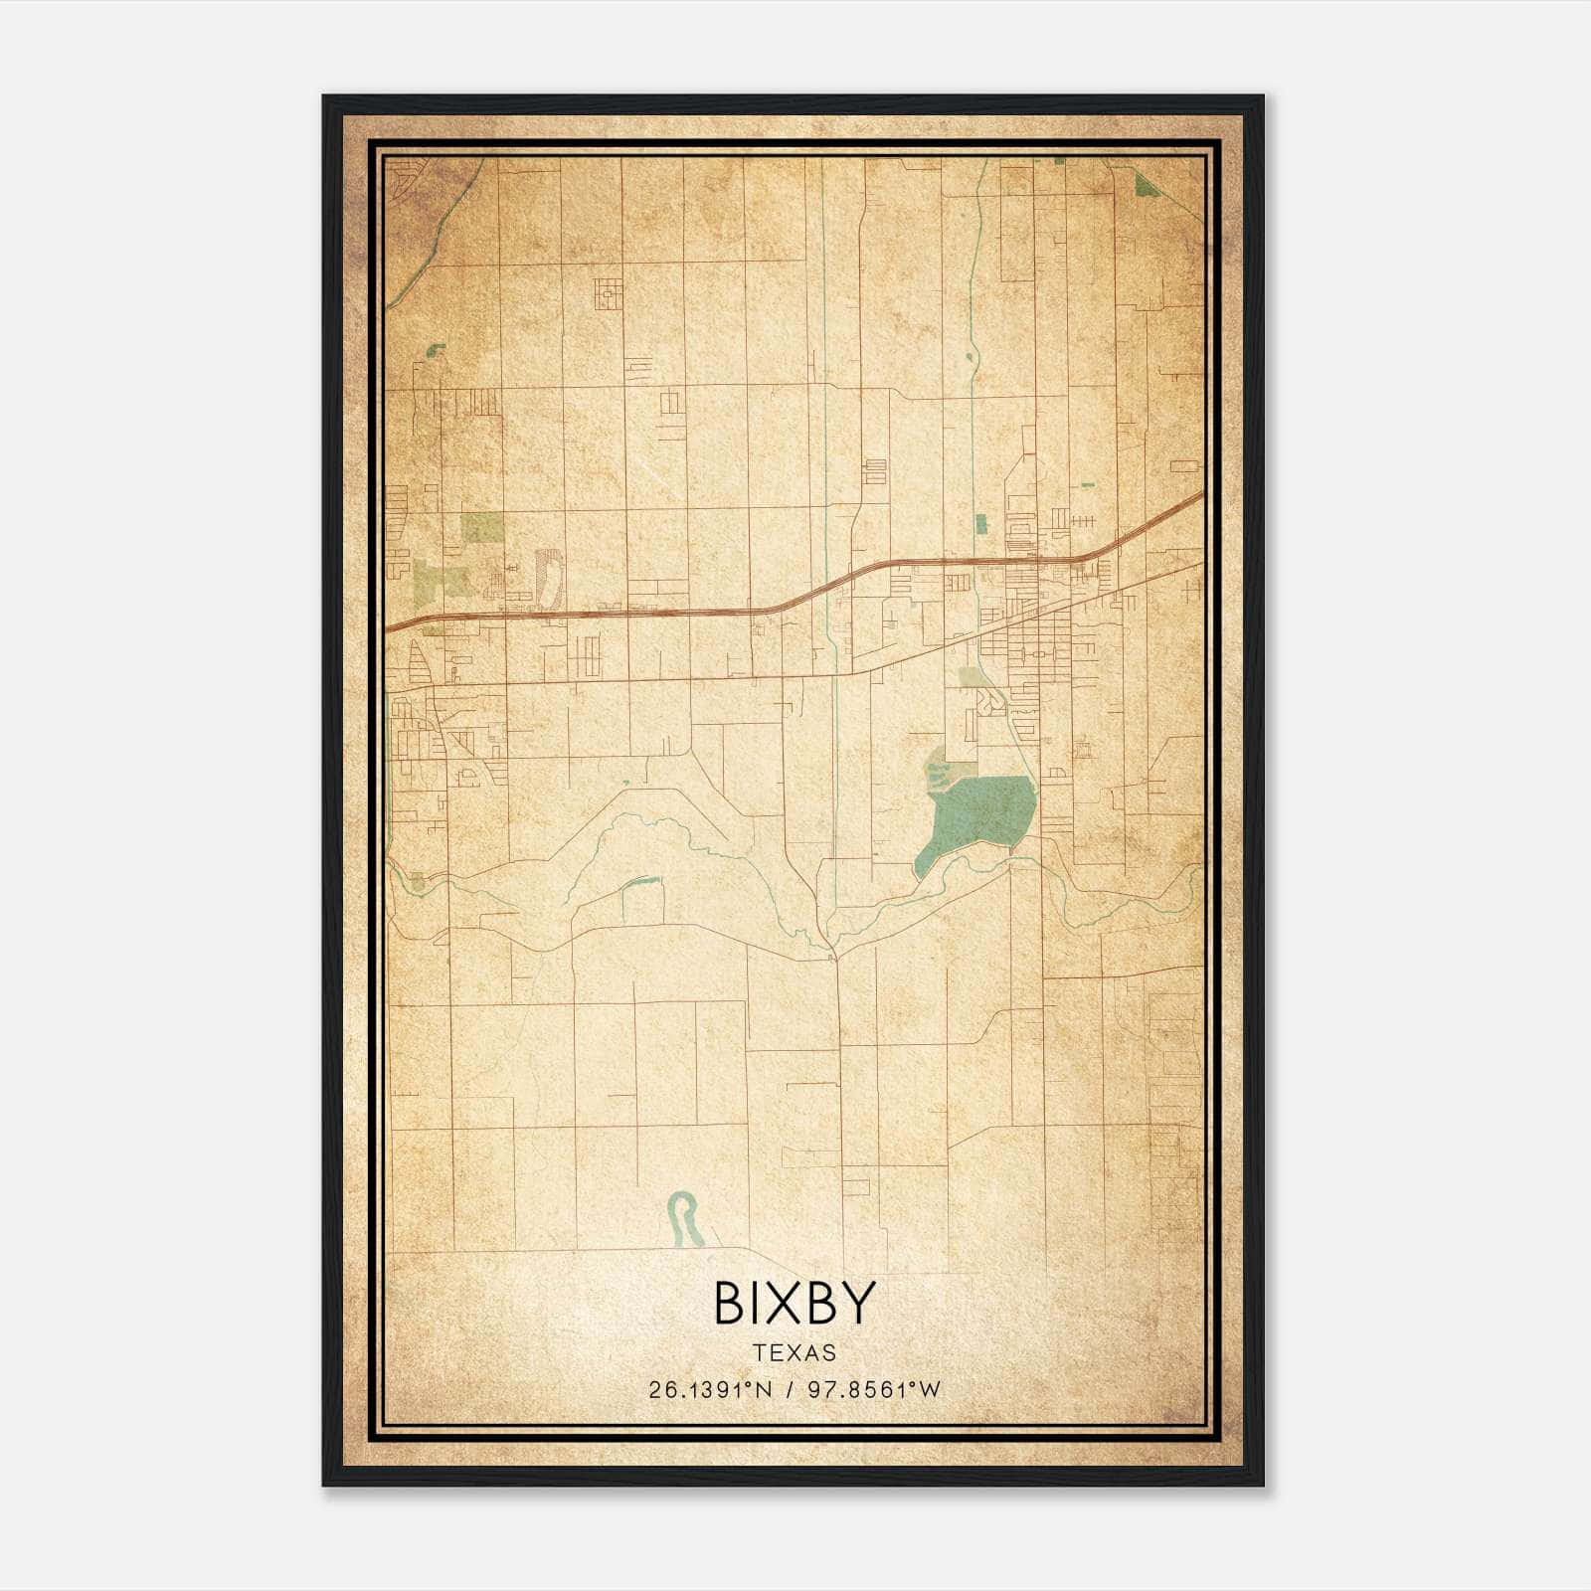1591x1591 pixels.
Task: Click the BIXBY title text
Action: point(795,1302)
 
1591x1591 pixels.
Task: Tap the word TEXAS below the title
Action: point(795,1352)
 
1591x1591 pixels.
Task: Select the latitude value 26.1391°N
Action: point(709,1390)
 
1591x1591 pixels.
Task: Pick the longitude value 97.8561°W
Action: point(873,1390)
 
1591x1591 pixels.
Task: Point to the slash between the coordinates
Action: point(788,1390)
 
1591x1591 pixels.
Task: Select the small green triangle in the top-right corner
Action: point(1149,185)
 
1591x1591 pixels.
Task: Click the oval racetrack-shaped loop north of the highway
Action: point(548,578)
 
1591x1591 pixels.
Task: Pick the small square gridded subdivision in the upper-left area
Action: point(609,294)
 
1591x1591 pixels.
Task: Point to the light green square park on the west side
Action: point(482,527)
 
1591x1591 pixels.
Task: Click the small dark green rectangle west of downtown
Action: point(981,524)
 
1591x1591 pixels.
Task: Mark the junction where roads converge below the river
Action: point(834,956)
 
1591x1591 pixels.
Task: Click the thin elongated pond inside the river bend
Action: point(641,881)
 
